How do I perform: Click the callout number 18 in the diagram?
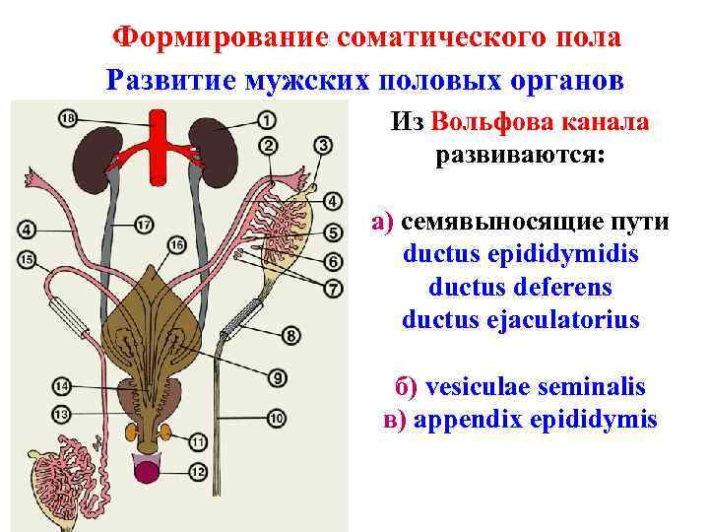[x=67, y=118]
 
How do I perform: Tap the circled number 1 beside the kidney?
[x=268, y=120]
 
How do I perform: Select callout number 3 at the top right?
[x=322, y=147]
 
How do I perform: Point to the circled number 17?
[x=144, y=226]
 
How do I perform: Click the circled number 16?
[x=177, y=243]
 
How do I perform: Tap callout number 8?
[x=291, y=336]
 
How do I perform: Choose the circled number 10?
[x=277, y=419]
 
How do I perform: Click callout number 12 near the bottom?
[x=199, y=472]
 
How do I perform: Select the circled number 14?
[x=61, y=385]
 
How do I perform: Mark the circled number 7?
[x=333, y=290]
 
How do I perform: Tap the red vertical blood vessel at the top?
[x=157, y=148]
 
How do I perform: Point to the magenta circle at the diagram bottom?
[x=153, y=469]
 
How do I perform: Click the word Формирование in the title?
[x=219, y=36]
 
